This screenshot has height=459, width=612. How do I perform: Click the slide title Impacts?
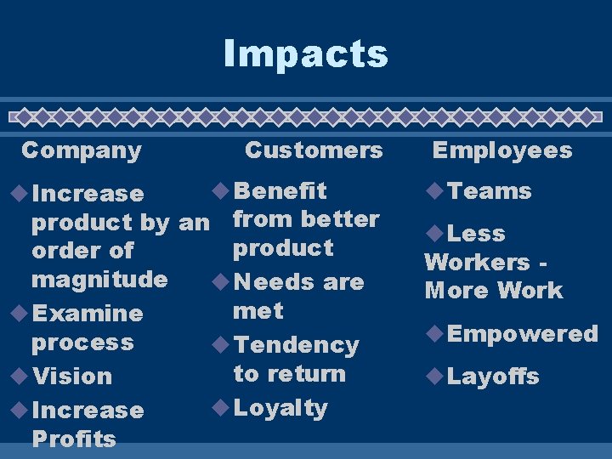click(x=305, y=54)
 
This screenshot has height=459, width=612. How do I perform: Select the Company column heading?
click(x=82, y=150)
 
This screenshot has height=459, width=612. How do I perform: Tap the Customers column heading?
click(x=314, y=150)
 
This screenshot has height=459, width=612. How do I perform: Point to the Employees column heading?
click(x=502, y=150)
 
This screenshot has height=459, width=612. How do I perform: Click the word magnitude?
click(x=99, y=279)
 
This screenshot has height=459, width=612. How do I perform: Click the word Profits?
click(x=73, y=439)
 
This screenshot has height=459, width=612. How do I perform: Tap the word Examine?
click(x=87, y=313)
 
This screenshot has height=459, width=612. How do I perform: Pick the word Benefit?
click(x=280, y=190)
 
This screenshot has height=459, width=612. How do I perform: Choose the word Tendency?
click(x=296, y=344)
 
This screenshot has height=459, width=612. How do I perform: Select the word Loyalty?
click(x=280, y=408)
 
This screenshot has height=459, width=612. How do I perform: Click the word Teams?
click(x=489, y=191)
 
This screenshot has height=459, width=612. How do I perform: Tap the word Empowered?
click(x=523, y=334)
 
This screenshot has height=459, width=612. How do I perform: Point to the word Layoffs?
click(x=493, y=377)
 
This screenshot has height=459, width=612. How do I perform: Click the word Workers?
click(x=477, y=262)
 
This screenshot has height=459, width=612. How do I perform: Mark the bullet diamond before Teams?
click(x=434, y=191)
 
